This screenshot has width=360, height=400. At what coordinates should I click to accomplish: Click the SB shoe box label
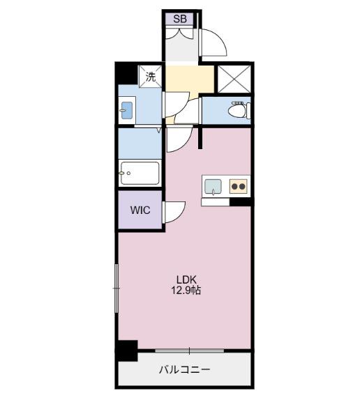[x=180, y=19]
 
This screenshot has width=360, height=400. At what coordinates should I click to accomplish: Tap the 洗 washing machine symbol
[x=151, y=77]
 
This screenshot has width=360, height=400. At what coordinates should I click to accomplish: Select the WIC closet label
[x=140, y=210]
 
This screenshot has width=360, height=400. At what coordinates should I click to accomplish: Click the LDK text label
[x=187, y=279]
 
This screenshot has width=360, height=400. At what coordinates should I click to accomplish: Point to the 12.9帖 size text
[x=186, y=291]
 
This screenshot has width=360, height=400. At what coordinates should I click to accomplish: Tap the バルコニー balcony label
[x=185, y=369]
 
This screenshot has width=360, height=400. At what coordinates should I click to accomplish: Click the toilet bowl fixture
[x=239, y=111]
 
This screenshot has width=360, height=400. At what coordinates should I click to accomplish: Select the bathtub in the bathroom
[x=140, y=174]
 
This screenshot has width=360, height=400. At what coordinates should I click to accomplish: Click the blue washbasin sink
[x=127, y=111]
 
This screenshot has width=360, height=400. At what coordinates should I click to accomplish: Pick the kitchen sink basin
[x=213, y=187]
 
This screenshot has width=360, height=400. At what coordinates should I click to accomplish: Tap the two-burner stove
[x=238, y=187]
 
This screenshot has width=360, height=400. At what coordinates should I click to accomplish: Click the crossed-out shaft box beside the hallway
[x=234, y=79]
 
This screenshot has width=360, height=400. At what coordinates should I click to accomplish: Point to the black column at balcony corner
[x=127, y=351]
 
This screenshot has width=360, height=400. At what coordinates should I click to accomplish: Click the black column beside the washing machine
[x=126, y=73]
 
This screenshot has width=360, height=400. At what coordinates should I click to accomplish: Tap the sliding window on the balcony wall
[x=190, y=351]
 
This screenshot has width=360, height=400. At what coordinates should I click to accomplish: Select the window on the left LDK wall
[x=117, y=289]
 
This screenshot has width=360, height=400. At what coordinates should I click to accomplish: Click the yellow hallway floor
[x=190, y=79]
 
